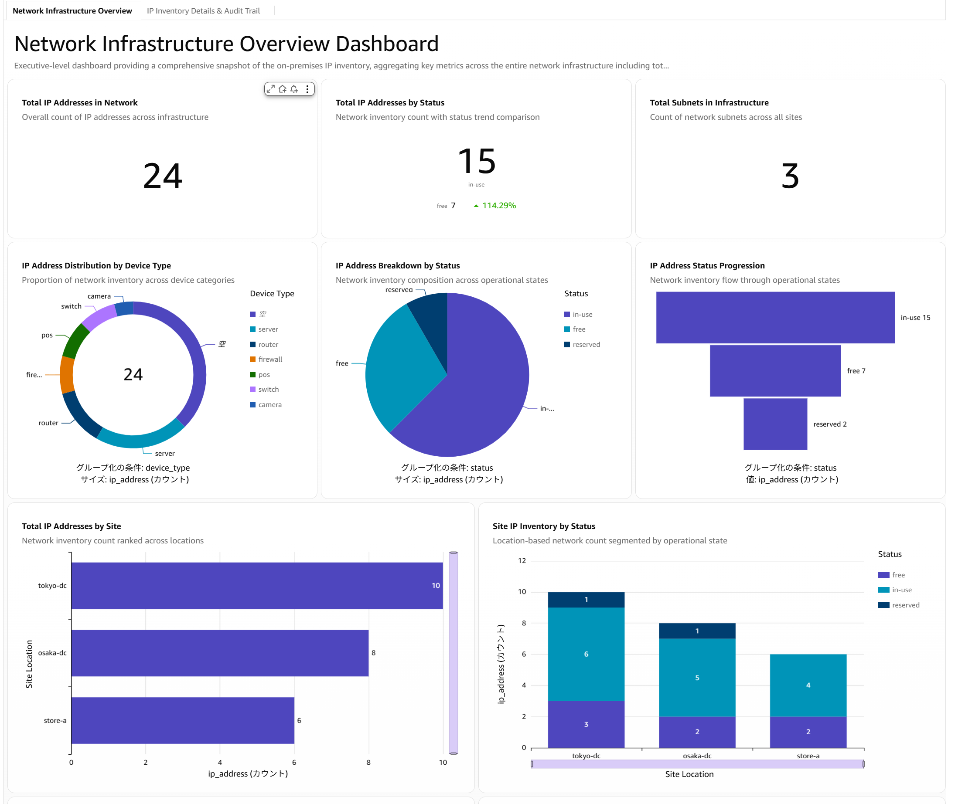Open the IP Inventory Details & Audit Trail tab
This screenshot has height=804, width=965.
[x=203, y=10]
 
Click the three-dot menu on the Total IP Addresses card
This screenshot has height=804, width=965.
[x=307, y=89]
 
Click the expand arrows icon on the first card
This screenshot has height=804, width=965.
[x=271, y=89]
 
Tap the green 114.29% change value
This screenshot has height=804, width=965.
[x=495, y=206]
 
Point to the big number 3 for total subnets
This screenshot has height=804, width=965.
[x=790, y=176]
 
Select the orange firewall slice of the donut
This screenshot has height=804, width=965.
[x=67, y=375]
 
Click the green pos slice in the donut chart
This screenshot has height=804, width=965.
[x=75, y=341]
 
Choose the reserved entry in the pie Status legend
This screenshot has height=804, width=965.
[x=582, y=344]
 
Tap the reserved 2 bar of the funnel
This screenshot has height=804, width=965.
[x=775, y=424]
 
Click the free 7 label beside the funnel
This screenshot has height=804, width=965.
[x=856, y=370]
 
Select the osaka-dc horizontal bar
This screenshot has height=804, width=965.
[x=220, y=652]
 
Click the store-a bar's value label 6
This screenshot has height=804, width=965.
[x=299, y=720]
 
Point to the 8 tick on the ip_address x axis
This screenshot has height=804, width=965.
[x=368, y=762]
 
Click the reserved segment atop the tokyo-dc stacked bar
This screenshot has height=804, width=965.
[x=586, y=600]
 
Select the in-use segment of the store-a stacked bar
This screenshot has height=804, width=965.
[x=808, y=685]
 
